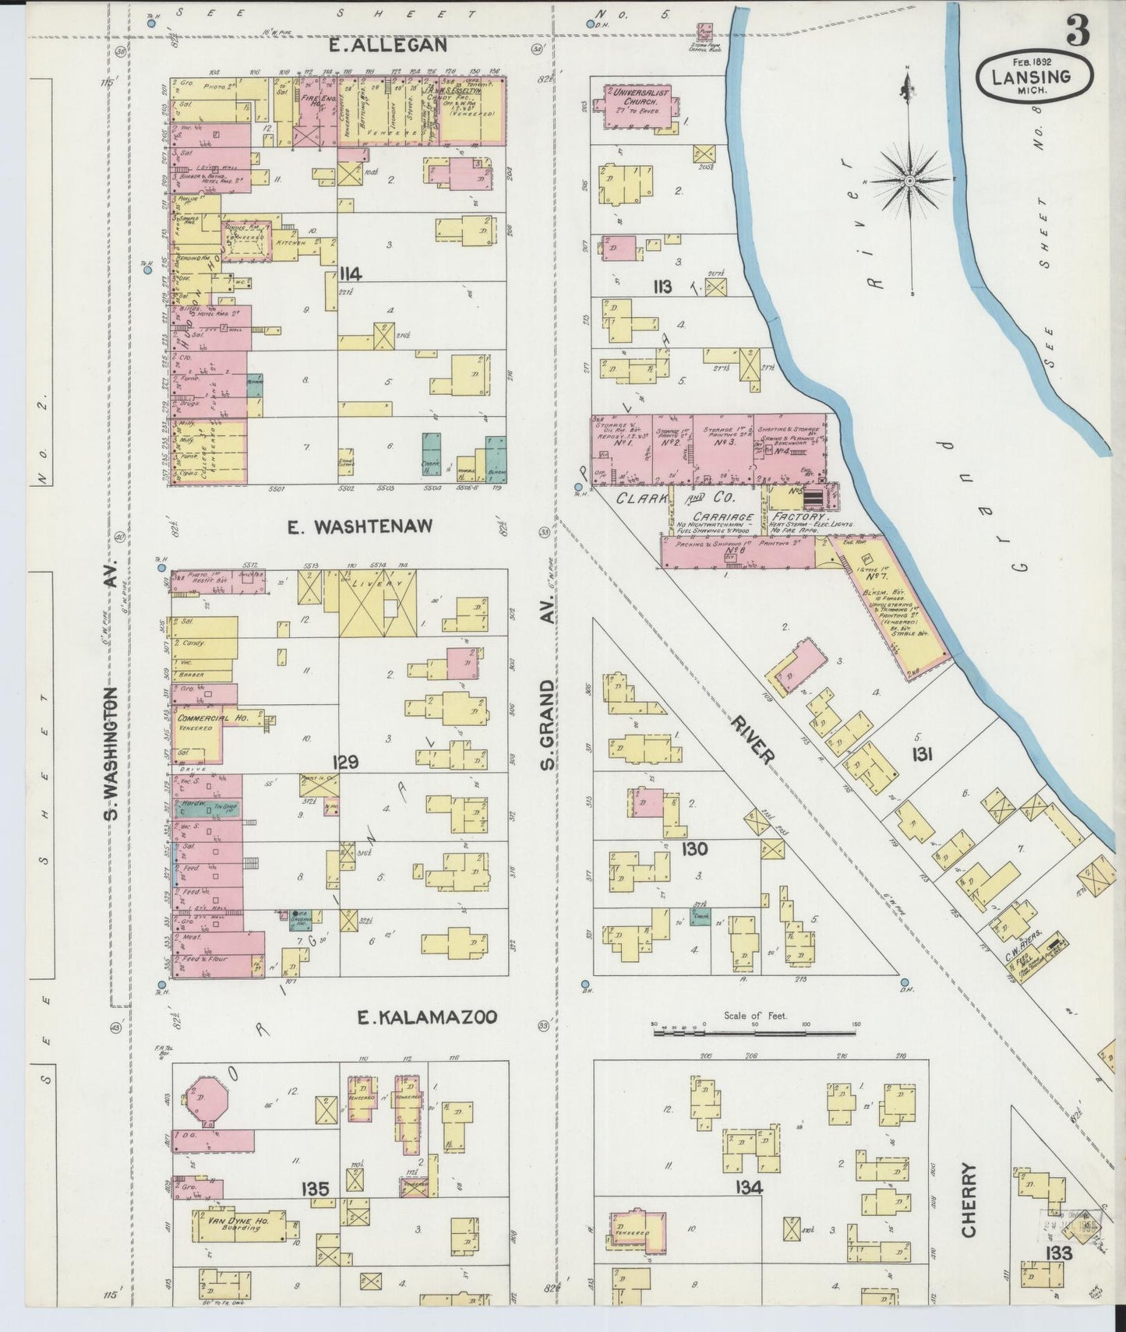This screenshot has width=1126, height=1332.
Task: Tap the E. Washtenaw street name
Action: pyautogui.click(x=359, y=527)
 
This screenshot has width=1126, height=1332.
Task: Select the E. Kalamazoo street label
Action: pyautogui.click(x=426, y=1017)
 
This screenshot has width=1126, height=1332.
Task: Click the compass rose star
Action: pyautogui.click(x=909, y=180)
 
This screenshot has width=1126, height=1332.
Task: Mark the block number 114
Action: pyautogui.click(x=350, y=273)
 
